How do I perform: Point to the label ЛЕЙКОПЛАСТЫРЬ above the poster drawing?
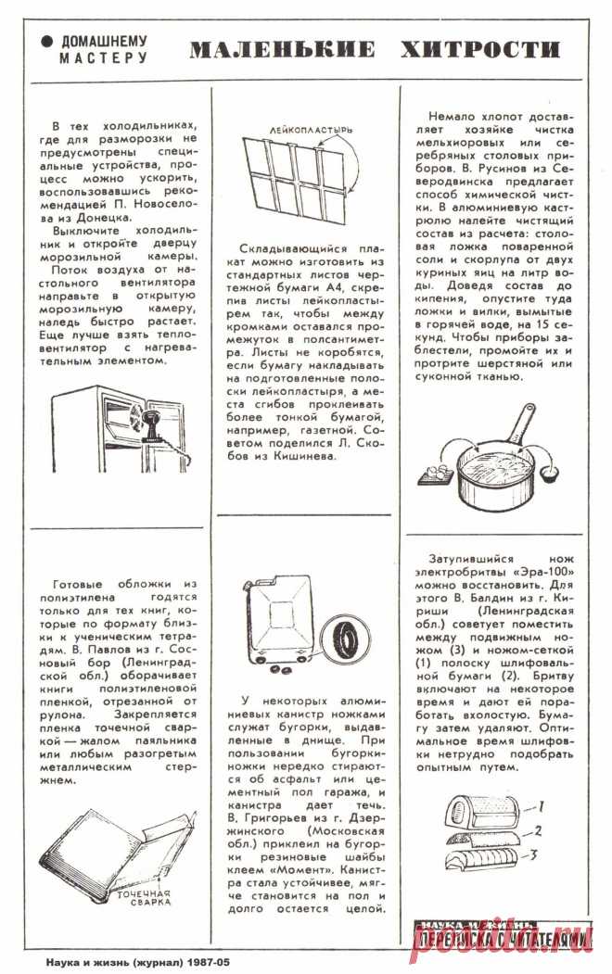click(311, 131)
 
